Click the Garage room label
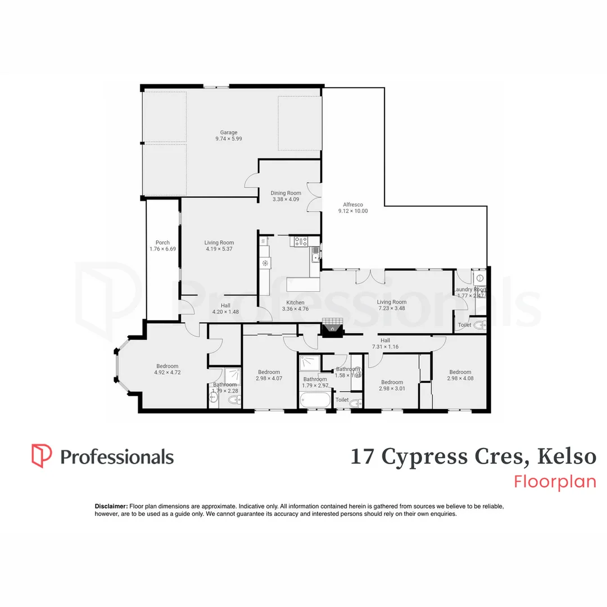228,133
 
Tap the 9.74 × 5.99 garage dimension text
228,139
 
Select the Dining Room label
286,193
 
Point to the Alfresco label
352,205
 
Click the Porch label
162,243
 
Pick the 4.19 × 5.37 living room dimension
219,249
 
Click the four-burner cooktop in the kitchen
301,242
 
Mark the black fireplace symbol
332,329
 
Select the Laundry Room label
470,289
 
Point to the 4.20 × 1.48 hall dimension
225,311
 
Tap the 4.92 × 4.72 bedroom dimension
167,372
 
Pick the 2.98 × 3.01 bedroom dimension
391,388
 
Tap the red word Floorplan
555,482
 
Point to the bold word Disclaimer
111,506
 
